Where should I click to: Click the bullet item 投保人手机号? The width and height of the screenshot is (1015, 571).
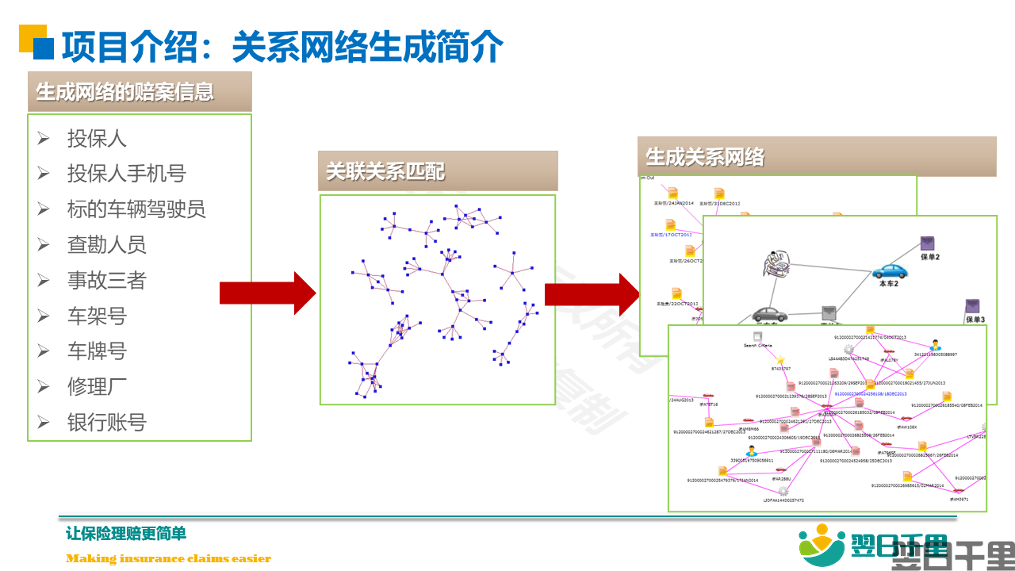click(126, 174)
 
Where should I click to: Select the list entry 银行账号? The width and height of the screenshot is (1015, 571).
click(106, 422)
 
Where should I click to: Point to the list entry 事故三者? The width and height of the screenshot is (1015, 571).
click(106, 281)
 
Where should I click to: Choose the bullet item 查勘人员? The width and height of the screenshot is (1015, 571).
click(106, 245)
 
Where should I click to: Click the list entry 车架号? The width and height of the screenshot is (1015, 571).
click(97, 316)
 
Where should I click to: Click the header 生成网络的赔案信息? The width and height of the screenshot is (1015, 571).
click(125, 91)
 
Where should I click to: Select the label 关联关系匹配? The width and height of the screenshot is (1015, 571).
click(385, 171)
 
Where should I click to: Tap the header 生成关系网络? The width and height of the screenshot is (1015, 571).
click(705, 156)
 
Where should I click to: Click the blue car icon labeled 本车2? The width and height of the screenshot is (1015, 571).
click(890, 270)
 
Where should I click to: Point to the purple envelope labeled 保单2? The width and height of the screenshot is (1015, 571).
click(928, 243)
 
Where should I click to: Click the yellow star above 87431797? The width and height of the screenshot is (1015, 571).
click(781, 360)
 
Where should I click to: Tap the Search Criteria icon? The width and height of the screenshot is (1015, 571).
click(757, 336)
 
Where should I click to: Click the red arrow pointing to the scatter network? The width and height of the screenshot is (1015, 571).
click(267, 293)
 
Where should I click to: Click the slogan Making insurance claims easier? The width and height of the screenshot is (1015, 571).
click(168, 558)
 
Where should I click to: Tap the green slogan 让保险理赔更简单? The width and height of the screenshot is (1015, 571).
click(126, 534)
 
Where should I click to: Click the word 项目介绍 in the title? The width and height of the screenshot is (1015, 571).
click(128, 47)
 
